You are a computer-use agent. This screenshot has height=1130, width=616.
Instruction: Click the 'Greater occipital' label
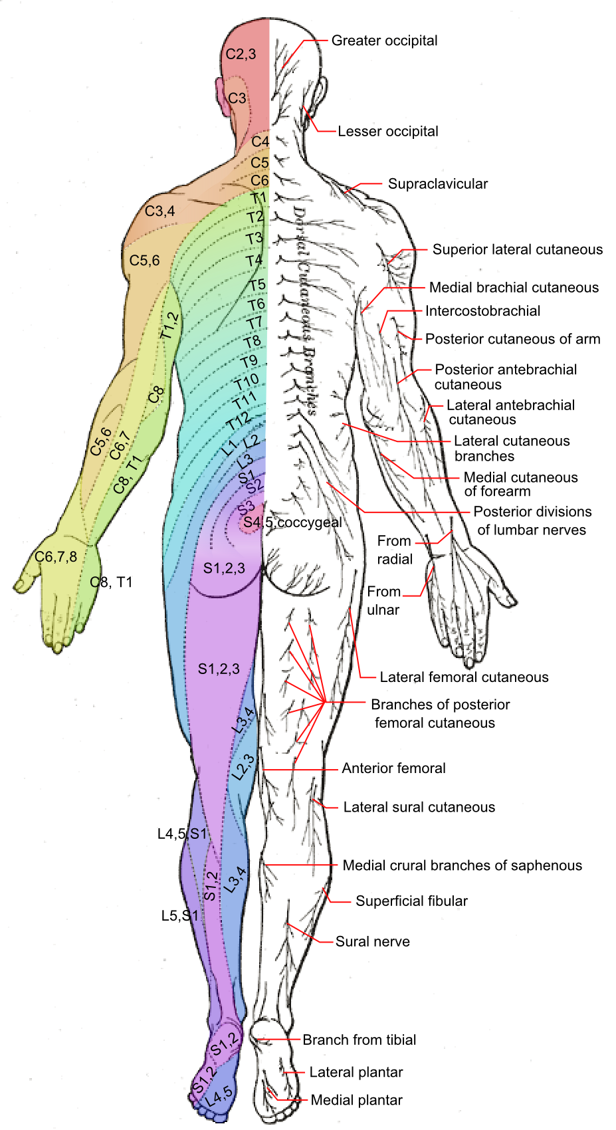[x=384, y=41]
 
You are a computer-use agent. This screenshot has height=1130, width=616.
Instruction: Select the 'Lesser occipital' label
[x=388, y=132]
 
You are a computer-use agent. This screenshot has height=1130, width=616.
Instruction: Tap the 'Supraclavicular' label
[x=437, y=184]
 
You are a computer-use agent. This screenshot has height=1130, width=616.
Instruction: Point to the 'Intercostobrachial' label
[x=482, y=311]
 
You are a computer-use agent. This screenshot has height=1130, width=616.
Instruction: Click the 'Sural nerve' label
[x=372, y=942]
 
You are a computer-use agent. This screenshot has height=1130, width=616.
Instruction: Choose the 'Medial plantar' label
[x=356, y=1100]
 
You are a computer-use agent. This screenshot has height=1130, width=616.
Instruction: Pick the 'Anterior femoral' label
[x=393, y=768]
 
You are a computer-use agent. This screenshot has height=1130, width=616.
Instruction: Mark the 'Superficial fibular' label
[x=411, y=901]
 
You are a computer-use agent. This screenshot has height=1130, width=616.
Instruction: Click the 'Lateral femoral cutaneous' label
[x=464, y=677]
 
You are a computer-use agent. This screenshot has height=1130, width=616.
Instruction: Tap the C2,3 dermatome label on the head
[x=241, y=55]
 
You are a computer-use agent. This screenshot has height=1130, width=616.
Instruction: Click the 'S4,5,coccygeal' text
[x=292, y=522]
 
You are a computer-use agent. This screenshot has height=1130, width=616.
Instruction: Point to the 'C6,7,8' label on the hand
[x=56, y=557]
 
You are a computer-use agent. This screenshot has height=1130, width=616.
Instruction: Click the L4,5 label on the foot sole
[x=219, y=1095]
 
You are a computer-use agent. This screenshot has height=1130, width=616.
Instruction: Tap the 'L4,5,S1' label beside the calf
[x=182, y=834]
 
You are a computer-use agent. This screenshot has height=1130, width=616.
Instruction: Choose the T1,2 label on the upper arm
[x=169, y=326]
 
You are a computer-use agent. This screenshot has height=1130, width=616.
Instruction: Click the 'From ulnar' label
[x=383, y=600]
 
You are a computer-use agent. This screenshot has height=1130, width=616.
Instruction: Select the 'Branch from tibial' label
[x=359, y=1040]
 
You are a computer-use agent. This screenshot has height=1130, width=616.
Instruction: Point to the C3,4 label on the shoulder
[x=160, y=211]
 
